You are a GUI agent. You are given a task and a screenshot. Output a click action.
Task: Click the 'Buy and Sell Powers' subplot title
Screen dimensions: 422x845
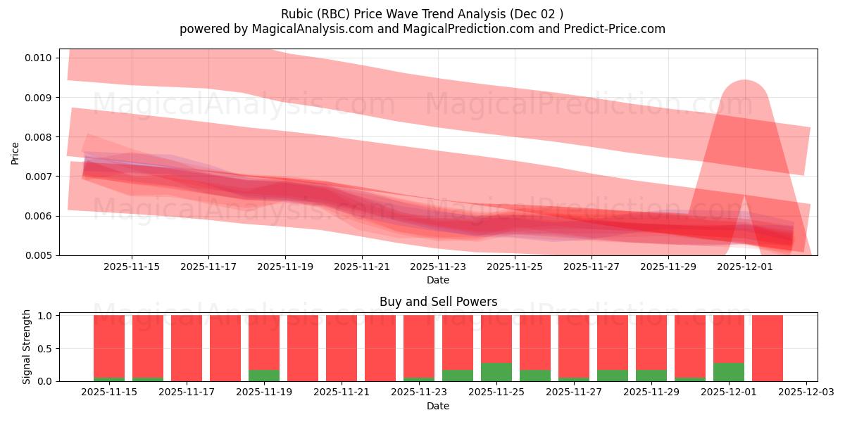438,302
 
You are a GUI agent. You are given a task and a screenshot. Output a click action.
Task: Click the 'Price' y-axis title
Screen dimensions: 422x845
15,153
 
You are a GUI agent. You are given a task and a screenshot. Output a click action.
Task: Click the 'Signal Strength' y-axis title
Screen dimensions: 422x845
27,347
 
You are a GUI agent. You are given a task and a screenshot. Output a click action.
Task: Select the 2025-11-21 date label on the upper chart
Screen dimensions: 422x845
361,267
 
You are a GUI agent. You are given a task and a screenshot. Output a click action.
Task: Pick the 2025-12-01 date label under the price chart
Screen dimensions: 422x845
745,267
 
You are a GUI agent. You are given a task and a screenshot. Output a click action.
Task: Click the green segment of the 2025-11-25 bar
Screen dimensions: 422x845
496,372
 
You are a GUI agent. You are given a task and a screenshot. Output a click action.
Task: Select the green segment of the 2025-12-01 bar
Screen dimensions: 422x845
729,372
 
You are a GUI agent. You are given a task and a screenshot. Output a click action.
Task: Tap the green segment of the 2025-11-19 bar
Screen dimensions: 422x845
264,376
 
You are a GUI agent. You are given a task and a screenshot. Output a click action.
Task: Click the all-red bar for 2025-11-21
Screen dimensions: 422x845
342,348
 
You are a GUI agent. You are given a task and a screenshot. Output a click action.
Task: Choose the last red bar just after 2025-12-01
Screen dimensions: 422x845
768,348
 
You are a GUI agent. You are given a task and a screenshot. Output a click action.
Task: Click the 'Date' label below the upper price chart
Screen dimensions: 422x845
438,280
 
